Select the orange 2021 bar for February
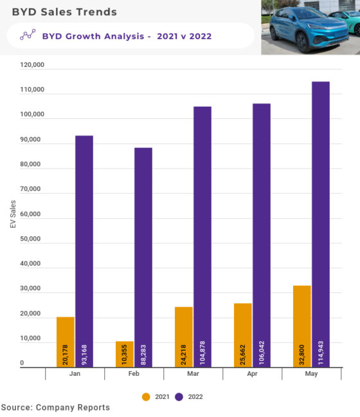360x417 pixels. (125, 354)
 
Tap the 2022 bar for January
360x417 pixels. (84, 251)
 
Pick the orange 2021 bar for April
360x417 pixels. (243, 335)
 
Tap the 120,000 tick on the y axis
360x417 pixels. (32, 65)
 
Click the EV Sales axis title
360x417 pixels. (13, 215)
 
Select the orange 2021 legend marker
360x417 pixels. (146, 396)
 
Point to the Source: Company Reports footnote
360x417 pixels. (55, 408)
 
